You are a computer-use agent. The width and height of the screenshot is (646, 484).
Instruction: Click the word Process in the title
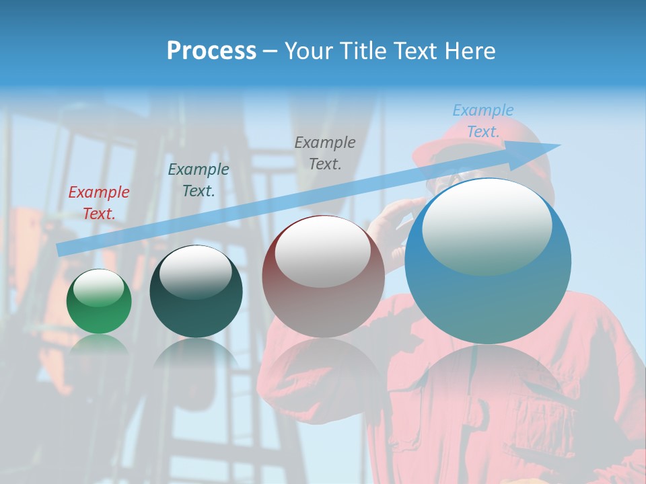click(x=211, y=51)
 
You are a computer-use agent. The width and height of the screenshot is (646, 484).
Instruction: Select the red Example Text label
click(x=99, y=203)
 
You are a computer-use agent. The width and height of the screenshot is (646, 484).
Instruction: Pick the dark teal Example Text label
click(x=199, y=180)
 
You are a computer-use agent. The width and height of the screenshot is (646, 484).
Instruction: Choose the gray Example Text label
click(x=325, y=153)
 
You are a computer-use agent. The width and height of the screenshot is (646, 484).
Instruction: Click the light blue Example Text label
click(x=483, y=121)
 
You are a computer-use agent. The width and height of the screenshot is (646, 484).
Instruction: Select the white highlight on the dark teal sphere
click(x=195, y=272)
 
